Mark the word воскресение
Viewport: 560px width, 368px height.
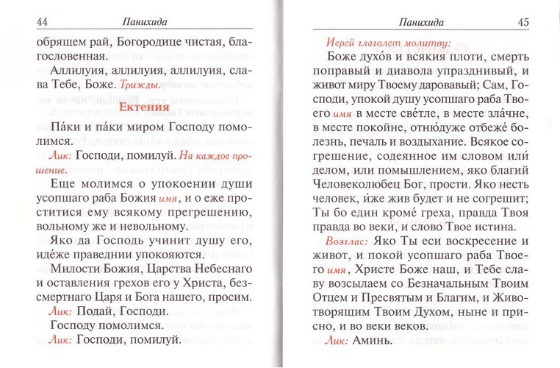pyautogui.click(x=474, y=240)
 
